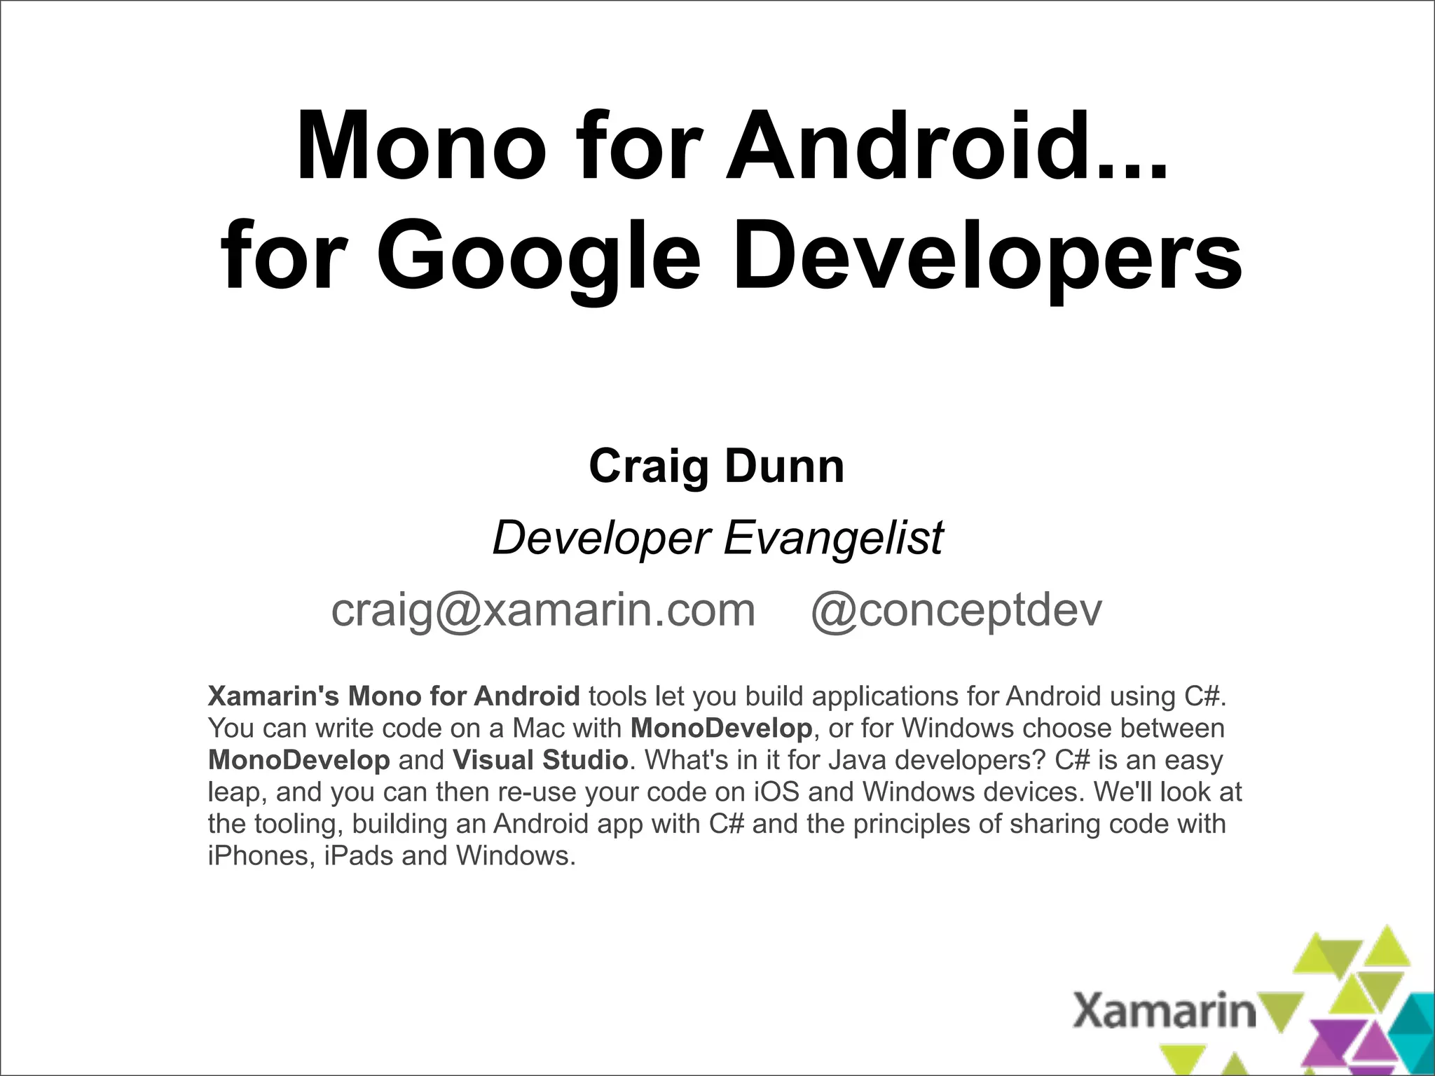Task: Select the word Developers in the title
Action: (987, 257)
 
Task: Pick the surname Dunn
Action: (784, 467)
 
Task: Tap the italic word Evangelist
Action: (833, 537)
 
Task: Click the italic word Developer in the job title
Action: (602, 537)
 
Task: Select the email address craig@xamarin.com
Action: (543, 610)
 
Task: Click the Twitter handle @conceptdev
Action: (956, 610)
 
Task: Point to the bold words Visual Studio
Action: (540, 760)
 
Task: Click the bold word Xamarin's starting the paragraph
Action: (273, 696)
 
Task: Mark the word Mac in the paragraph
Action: (538, 729)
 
